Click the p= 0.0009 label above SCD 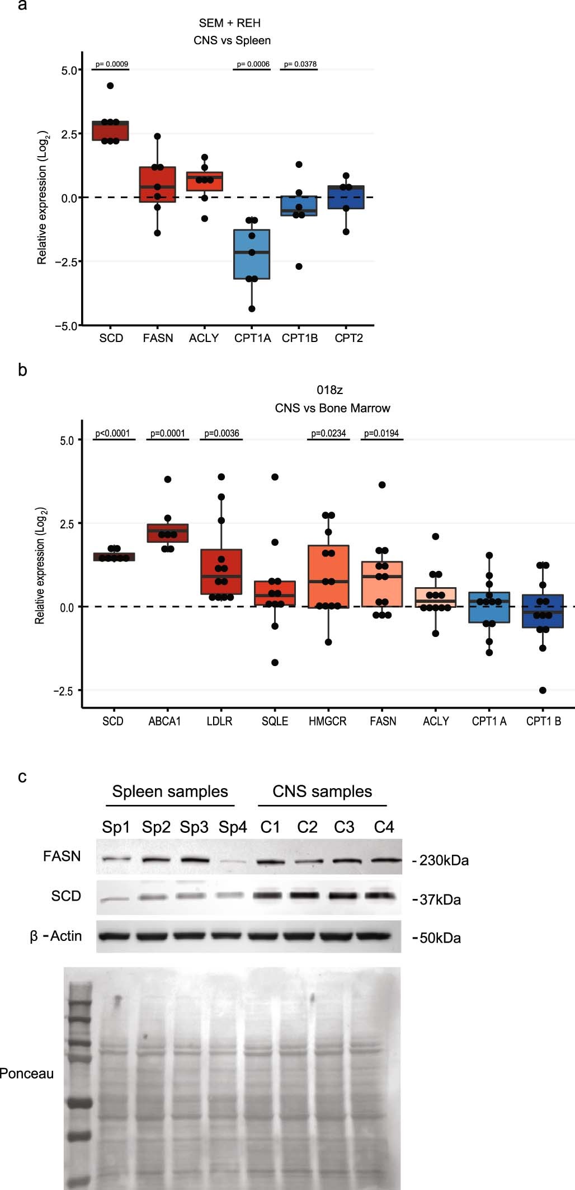pyautogui.click(x=111, y=64)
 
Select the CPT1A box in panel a pyautogui.click(x=252, y=254)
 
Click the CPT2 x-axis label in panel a pyautogui.click(x=348, y=338)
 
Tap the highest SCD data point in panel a pyautogui.click(x=110, y=86)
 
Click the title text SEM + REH pyautogui.click(x=230, y=23)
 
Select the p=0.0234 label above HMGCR pyautogui.click(x=328, y=433)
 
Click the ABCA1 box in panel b pyautogui.click(x=167, y=533)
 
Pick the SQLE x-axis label pyautogui.click(x=275, y=722)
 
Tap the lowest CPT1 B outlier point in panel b pyautogui.click(x=543, y=690)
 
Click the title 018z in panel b pyautogui.click(x=329, y=390)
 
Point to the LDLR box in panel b pyautogui.click(x=221, y=572)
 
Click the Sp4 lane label pyautogui.click(x=233, y=827)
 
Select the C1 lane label pyautogui.click(x=270, y=827)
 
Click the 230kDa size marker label pyautogui.click(x=444, y=860)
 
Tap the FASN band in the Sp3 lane pyautogui.click(x=195, y=860)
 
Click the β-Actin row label pyautogui.click(x=56, y=936)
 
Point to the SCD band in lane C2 pyautogui.click(x=307, y=896)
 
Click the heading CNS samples pyautogui.click(x=322, y=791)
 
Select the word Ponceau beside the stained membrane pyautogui.click(x=26, y=1074)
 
